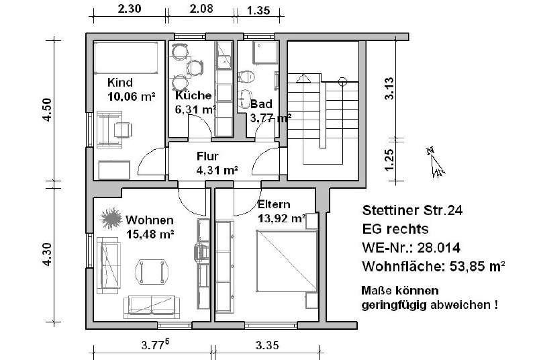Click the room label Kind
(120, 83)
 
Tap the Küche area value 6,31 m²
(195, 109)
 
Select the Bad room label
(261, 104)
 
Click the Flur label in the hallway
(207, 156)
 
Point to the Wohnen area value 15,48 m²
(150, 234)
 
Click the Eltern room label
(274, 204)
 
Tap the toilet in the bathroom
(246, 77)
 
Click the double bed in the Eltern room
(287, 261)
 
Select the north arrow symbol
(435, 163)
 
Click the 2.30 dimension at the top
(130, 9)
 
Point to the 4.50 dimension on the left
(47, 109)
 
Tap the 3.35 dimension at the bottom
(267, 345)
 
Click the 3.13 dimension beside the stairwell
(389, 89)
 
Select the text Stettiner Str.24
(412, 210)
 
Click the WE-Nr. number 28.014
(439, 247)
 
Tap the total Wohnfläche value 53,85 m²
(477, 266)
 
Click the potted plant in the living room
(111, 218)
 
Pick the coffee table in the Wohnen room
(152, 271)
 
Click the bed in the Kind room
(126, 58)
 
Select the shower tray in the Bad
(265, 53)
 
